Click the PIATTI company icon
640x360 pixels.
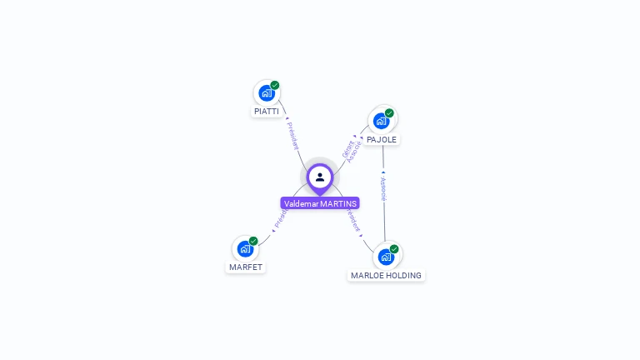click(266, 92)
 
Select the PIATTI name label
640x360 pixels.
click(267, 111)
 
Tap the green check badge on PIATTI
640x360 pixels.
click(275, 85)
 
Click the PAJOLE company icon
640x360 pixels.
click(382, 121)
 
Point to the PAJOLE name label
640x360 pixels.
click(382, 139)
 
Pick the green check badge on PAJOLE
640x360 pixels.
click(389, 113)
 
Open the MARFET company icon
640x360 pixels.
click(245, 248)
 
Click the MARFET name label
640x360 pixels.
click(246, 267)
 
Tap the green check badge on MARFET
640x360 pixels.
click(253, 241)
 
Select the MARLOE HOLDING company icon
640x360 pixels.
click(386, 257)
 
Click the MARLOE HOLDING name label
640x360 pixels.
click(386, 275)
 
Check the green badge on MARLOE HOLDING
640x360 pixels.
click(394, 249)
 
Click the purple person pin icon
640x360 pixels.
click(320, 177)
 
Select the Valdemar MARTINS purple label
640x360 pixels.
click(320, 203)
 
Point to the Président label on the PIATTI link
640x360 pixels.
click(292, 135)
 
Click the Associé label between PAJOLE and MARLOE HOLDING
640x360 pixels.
click(382, 189)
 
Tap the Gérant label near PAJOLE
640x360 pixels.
click(347, 147)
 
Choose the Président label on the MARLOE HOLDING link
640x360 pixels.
click(352, 220)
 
